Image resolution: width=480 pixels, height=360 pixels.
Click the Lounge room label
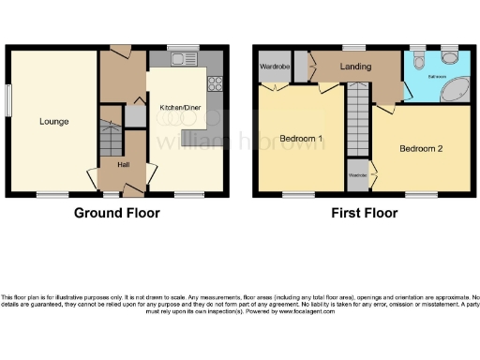(x=52, y=121)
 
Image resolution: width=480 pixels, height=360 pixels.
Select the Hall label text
(x=123, y=164)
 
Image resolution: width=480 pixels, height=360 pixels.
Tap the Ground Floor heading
(x=117, y=213)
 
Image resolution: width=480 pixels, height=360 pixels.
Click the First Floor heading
(x=364, y=213)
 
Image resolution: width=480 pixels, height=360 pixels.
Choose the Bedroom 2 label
(x=420, y=148)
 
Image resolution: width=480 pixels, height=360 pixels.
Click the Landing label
(x=354, y=67)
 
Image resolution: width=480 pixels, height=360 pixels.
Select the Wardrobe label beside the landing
(x=273, y=67)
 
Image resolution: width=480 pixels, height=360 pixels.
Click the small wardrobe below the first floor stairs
(x=358, y=174)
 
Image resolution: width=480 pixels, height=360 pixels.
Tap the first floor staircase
(x=358, y=122)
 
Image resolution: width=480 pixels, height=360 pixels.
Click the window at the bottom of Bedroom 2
(x=420, y=194)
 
